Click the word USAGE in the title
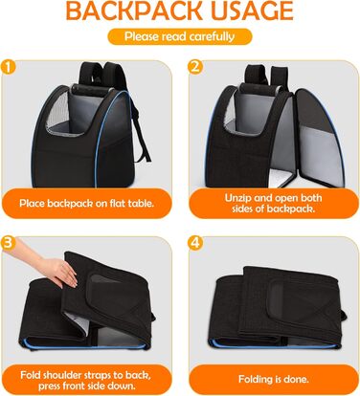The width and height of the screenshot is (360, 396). click(252, 11)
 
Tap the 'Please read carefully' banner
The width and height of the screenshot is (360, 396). click(180, 36)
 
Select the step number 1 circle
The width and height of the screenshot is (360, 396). click(9, 67)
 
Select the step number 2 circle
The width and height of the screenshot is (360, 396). click(195, 67)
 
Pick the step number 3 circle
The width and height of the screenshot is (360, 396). click(9, 243)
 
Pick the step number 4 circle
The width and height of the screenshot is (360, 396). click(195, 243)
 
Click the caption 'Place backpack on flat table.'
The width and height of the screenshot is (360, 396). click(87, 204)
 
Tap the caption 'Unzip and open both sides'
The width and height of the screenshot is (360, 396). click(273, 204)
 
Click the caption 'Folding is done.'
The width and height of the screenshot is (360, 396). click(274, 380)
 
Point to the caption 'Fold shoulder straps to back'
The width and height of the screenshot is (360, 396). click(85, 374)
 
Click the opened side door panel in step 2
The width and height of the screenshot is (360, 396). click(319, 137)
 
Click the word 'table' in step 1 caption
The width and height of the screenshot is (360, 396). click(141, 203)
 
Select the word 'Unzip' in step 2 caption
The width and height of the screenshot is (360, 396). click(236, 198)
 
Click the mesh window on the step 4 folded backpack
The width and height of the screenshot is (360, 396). click(281, 299)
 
